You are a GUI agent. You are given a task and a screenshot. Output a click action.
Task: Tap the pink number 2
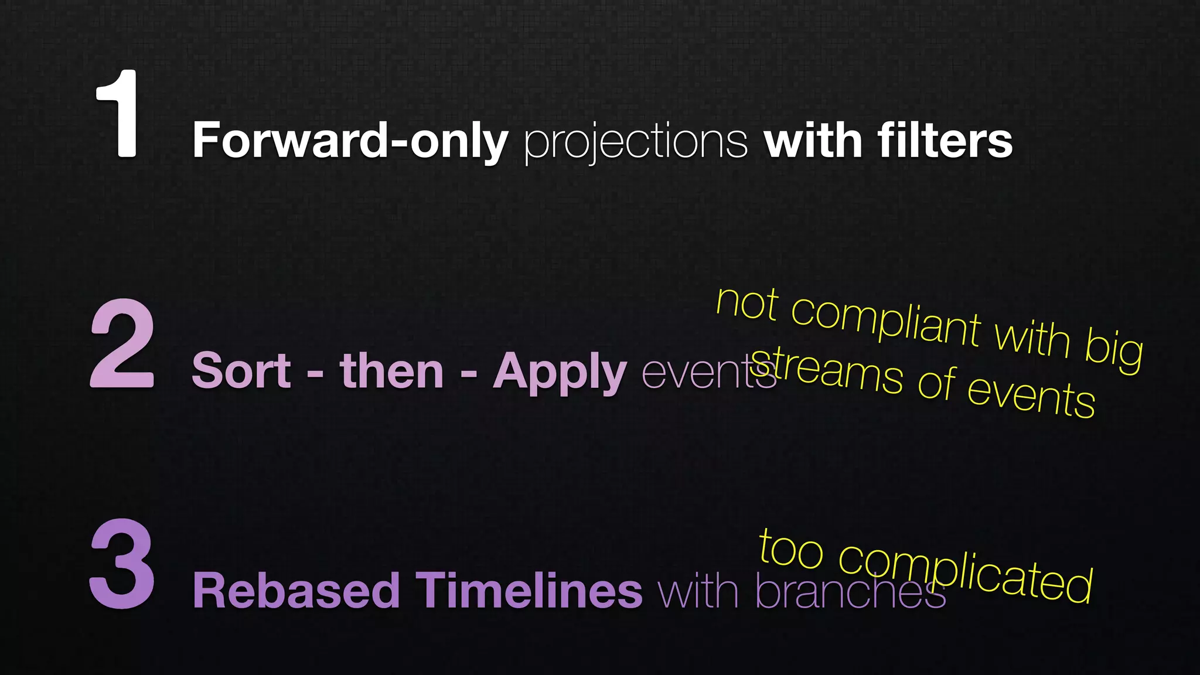pos(122,344)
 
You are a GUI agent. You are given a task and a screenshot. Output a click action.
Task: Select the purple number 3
pos(122,564)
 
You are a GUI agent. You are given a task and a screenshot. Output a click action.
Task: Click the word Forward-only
pos(350,141)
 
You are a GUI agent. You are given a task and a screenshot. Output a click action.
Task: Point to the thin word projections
pos(636,142)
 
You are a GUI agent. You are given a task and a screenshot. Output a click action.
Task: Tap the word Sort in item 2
pos(241,371)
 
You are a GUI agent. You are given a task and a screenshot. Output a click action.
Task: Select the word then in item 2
pos(391,371)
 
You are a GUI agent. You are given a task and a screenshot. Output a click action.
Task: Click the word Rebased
pos(296,591)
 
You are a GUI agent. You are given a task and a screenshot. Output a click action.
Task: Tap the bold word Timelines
pos(529,591)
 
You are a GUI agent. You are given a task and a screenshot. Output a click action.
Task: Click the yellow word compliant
pos(886,322)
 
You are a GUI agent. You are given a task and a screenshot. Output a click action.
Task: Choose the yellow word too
pos(791,550)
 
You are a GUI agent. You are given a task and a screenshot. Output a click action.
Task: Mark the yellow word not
pos(747,304)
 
